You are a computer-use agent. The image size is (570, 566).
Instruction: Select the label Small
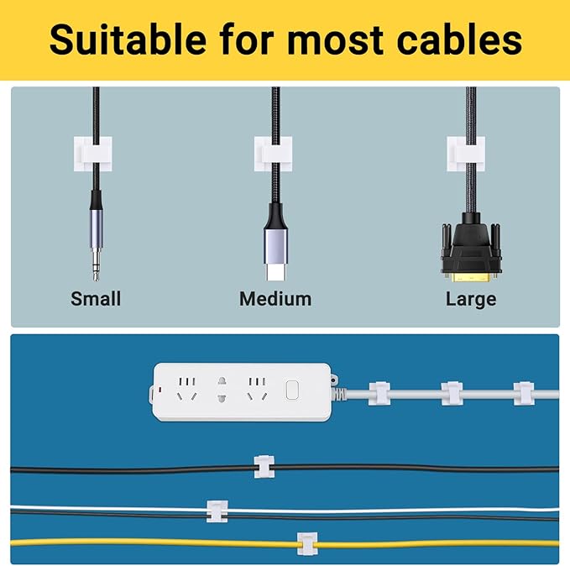[96, 299]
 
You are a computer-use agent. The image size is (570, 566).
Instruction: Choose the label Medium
[275, 299]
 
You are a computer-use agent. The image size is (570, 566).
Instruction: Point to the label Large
[471, 299]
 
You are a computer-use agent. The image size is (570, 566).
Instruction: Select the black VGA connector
[471, 248]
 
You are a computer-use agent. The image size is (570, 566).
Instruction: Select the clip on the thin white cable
[217, 510]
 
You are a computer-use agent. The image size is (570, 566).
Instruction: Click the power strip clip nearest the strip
[379, 392]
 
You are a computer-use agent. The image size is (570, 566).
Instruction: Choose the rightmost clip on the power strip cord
[524, 392]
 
